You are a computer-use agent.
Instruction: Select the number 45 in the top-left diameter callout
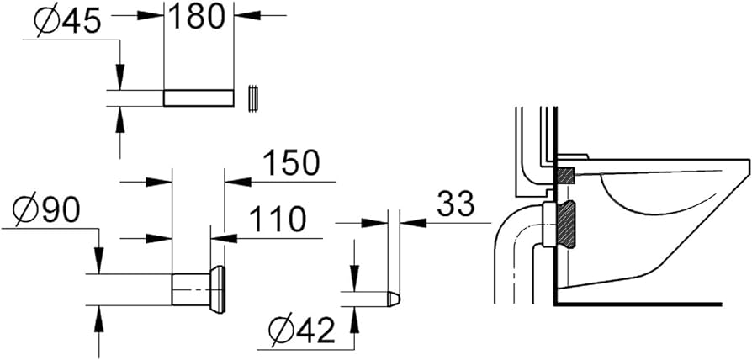75,22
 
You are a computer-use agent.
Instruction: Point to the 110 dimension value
275,220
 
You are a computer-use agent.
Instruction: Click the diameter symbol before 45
29,22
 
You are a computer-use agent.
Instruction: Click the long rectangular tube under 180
198,98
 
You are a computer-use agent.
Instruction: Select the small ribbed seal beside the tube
252,98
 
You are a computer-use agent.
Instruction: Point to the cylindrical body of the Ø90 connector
189,289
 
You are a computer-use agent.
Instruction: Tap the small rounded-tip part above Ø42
393,298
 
